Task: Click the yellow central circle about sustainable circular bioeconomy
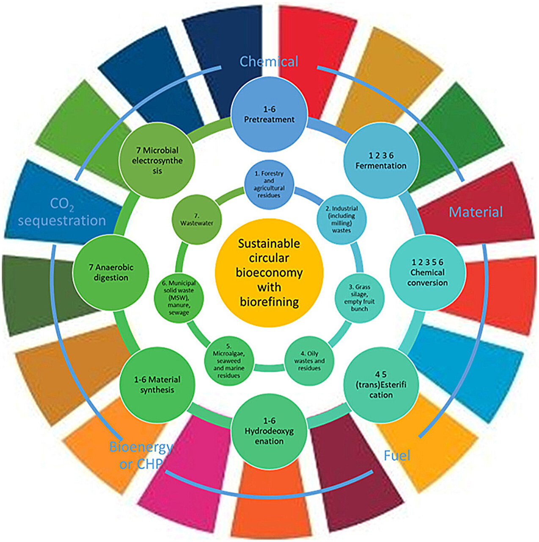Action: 269,272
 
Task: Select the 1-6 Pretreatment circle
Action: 269,114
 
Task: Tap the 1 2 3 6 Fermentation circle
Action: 381,160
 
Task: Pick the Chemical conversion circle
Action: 427,272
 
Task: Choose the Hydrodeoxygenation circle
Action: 269,431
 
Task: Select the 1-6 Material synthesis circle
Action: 157,384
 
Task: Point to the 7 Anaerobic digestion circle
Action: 111,272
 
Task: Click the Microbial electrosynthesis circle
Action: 157,160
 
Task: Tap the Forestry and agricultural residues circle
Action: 269,184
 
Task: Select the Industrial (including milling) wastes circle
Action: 341,219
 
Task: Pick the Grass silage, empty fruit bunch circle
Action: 359,297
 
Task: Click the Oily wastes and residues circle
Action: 309,361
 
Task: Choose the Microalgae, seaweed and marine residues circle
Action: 228,361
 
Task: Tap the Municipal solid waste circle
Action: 179,297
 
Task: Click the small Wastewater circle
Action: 197,219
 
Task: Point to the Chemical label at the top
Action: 269,61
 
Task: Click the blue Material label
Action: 476,212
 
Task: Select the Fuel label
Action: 397,456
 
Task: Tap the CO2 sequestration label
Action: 62,212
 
